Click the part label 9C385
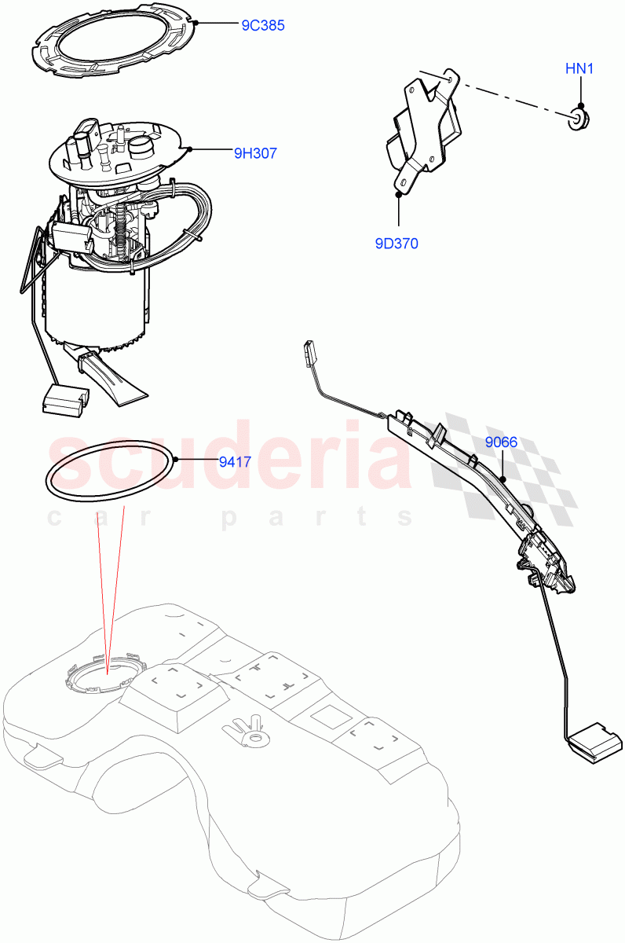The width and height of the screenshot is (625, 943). click(x=262, y=25)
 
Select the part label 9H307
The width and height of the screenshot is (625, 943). click(x=255, y=153)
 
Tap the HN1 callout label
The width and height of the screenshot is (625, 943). click(x=579, y=69)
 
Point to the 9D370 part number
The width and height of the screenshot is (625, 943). click(x=397, y=244)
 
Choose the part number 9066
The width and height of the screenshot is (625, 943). click(x=501, y=442)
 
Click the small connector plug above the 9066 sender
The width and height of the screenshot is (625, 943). click(x=308, y=352)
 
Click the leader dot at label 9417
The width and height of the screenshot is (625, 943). click(x=177, y=459)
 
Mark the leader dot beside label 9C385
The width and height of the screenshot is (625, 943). click(x=196, y=23)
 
